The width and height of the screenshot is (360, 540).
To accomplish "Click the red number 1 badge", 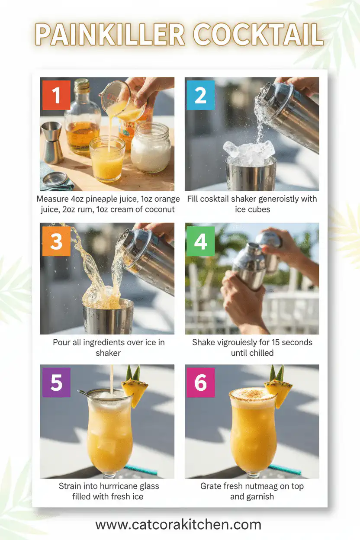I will [56, 95].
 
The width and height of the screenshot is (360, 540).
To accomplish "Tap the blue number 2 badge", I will [200, 95].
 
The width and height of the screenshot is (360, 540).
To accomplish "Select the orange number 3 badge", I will [56, 241].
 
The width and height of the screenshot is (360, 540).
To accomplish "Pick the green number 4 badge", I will [200, 241].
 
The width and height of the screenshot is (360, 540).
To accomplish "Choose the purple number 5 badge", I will [56, 383].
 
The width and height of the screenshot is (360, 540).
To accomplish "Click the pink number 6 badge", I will [200, 383].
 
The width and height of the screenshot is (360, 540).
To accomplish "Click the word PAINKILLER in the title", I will [110, 35].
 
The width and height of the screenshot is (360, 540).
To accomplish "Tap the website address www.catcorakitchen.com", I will [178, 524].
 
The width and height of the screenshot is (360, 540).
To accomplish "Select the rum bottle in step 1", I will [82, 119].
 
